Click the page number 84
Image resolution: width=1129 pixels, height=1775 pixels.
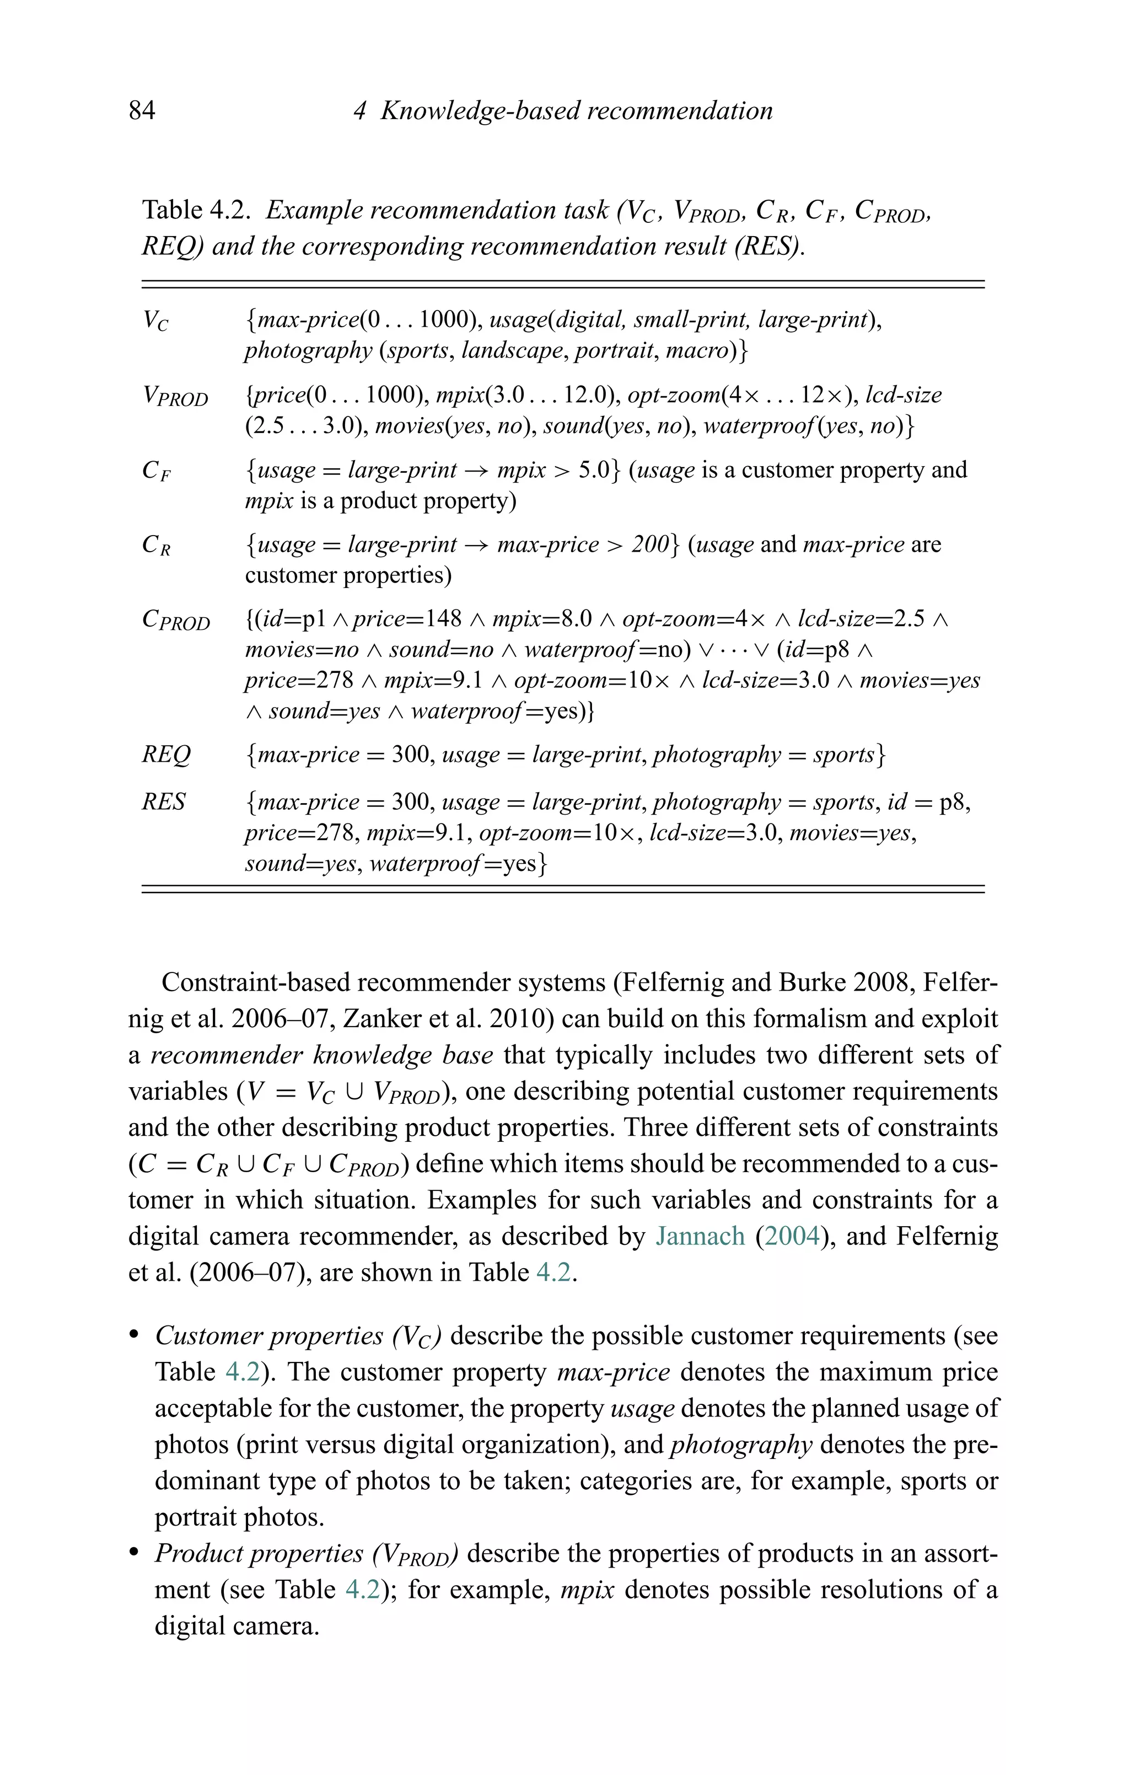click(142, 110)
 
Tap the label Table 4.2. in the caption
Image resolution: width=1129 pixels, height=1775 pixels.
click(197, 210)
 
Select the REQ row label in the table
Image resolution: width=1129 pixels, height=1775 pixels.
click(166, 755)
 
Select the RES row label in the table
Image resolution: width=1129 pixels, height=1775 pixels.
click(164, 801)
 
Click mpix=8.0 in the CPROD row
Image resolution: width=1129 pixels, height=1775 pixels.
click(542, 619)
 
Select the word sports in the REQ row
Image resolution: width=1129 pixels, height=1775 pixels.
click(843, 755)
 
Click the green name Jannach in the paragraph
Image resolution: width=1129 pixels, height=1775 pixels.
click(700, 1236)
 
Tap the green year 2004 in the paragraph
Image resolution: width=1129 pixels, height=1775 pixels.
click(792, 1236)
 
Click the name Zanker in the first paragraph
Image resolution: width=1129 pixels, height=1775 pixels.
click(381, 1019)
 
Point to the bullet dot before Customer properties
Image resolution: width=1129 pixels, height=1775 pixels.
click(133, 1337)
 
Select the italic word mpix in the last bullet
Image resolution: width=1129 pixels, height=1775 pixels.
click(587, 1590)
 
